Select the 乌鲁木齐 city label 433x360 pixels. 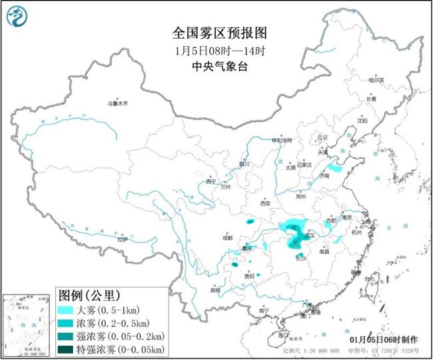(117, 104)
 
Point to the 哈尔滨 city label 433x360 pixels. (376, 80)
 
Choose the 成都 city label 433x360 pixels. (228, 237)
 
